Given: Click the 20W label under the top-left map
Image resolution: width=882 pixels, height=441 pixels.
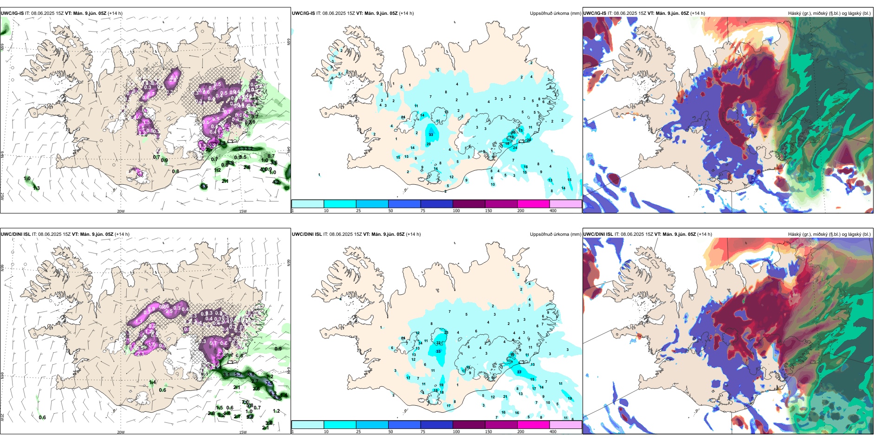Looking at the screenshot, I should [x=121, y=211].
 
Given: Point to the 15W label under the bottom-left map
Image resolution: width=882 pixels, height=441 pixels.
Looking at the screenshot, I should [x=243, y=432].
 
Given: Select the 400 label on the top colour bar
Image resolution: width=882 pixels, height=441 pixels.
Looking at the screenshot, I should [x=553, y=211].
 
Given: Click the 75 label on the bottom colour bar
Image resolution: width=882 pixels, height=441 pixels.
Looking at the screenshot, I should [x=423, y=432].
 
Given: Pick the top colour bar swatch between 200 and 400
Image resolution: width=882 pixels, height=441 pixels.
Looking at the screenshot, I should [x=565, y=204].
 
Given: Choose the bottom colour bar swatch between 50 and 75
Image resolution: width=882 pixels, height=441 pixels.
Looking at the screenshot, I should [x=404, y=425].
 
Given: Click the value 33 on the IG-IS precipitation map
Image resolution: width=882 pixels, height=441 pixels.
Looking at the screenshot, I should [x=431, y=135].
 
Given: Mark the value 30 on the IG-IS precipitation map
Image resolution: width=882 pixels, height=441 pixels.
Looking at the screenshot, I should [x=529, y=140].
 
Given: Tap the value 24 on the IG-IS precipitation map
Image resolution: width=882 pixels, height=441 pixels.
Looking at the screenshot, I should [x=515, y=148].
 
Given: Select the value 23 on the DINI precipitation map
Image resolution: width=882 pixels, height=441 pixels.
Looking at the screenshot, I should [x=446, y=332].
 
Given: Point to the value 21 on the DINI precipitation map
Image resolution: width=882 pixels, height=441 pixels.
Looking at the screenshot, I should [x=505, y=397].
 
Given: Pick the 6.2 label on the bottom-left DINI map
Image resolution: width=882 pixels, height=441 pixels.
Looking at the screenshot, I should [x=272, y=394].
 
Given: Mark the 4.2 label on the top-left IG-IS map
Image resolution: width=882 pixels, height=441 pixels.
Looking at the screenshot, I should [x=275, y=182].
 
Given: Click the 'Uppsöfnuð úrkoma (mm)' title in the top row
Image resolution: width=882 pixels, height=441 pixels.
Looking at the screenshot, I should [x=555, y=13].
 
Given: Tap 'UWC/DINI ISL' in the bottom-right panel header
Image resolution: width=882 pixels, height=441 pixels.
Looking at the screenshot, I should [x=598, y=234].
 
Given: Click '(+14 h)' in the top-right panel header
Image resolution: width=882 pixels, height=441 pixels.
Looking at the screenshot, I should [x=698, y=13].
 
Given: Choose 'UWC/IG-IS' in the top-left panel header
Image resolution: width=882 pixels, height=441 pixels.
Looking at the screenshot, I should [x=12, y=13].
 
